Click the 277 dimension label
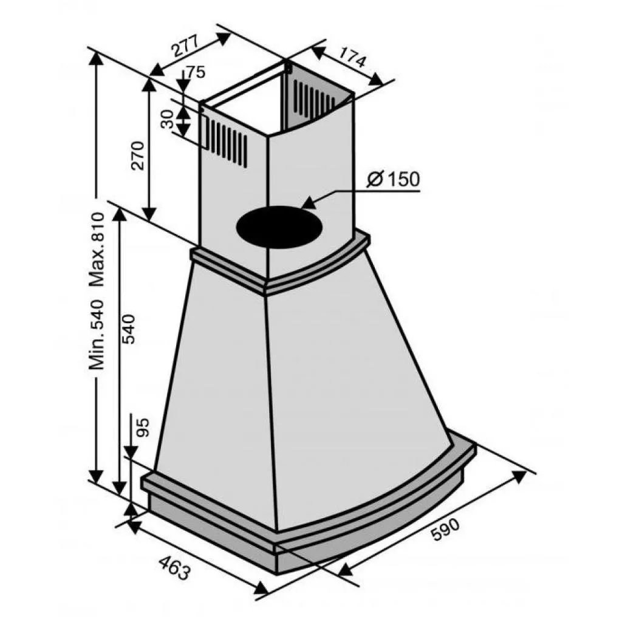185,45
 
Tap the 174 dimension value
350,56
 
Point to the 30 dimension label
168,119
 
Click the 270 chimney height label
138,155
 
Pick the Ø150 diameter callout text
393,179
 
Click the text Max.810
97,249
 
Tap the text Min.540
97,335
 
